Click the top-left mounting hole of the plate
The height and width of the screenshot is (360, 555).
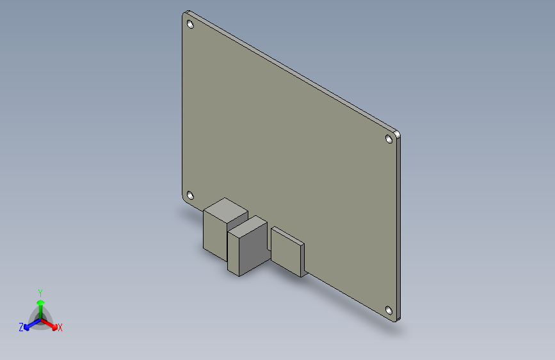[190, 24]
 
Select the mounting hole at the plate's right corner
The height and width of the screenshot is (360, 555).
[389, 138]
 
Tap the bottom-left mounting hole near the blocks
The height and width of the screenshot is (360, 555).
[189, 195]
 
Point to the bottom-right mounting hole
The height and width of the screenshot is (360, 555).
[389, 311]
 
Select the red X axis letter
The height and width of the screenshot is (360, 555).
[60, 327]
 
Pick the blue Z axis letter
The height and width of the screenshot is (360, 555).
[21, 327]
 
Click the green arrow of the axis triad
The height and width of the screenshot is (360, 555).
[40, 302]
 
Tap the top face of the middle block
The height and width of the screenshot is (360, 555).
[247, 227]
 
